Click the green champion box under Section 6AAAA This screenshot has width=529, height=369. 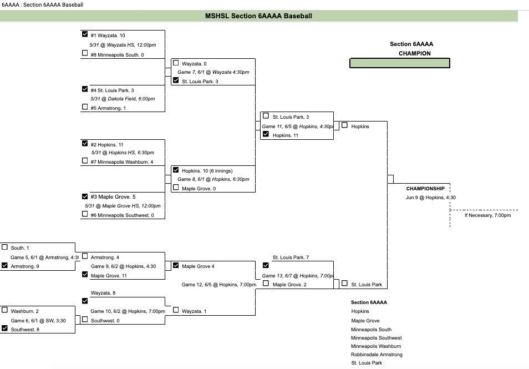tap(399, 63)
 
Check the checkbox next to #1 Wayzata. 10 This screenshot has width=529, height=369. tap(85, 34)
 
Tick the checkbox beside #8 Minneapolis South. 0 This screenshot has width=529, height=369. tap(85, 54)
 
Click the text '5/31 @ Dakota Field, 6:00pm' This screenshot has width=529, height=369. tap(122, 99)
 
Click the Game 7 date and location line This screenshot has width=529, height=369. tap(213, 72)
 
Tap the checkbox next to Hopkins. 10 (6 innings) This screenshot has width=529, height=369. tap(176, 170)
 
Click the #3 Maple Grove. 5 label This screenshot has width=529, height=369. tap(113, 196)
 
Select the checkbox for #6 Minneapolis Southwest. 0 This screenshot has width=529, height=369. tap(85, 214)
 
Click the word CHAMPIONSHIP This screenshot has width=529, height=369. tap(425, 189)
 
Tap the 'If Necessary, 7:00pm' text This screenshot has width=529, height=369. tap(487, 215)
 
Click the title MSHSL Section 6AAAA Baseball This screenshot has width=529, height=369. tap(258, 16)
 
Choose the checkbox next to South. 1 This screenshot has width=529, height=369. tap(5, 247)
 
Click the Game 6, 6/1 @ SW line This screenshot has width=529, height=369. tap(37, 320)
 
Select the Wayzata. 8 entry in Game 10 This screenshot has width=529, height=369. tap(103, 293)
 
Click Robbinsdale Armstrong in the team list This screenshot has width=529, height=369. tap(377, 354)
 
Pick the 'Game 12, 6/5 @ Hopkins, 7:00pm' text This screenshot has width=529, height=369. tap(218, 285)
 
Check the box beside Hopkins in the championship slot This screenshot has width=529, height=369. tap(344, 125)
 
